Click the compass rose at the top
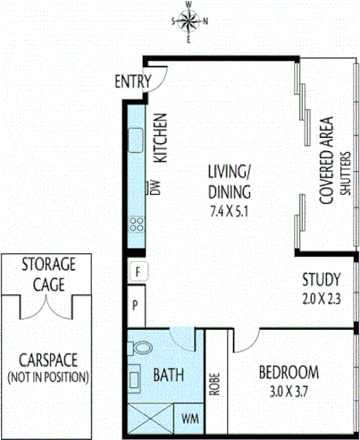(189, 21)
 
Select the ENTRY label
(132, 82)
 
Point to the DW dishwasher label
(154, 188)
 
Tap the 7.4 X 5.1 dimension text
(230, 212)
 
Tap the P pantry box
(137, 306)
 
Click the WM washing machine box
(190, 417)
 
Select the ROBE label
(214, 382)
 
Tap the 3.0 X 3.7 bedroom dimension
(289, 390)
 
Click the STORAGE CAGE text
(49, 273)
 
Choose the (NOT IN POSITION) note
(48, 377)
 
